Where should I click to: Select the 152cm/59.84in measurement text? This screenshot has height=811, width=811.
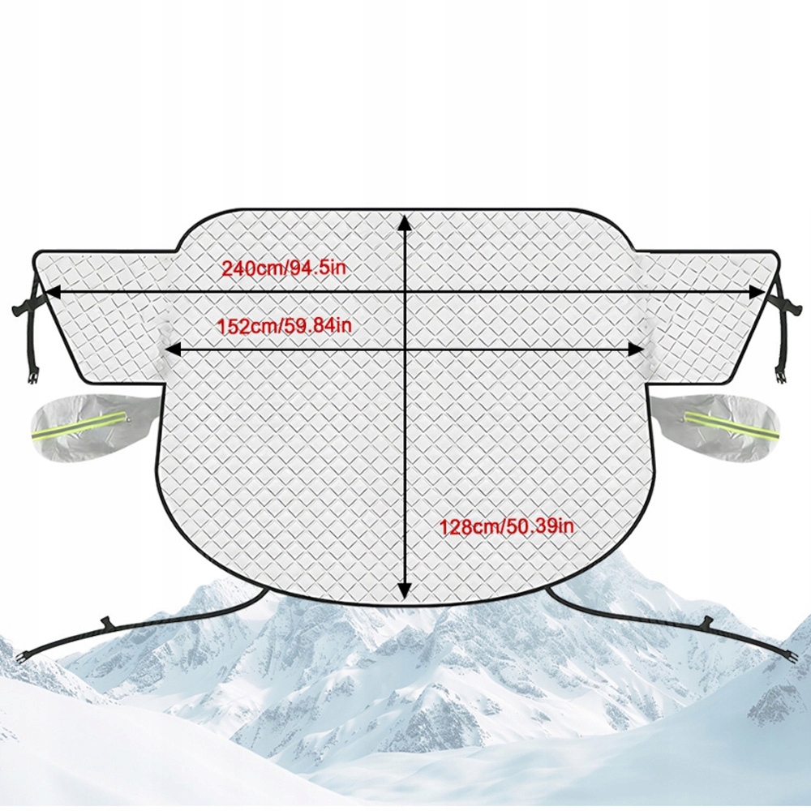point(284,326)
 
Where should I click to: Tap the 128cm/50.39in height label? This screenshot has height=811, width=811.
point(507,526)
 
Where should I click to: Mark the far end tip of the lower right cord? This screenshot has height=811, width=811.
point(790,657)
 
